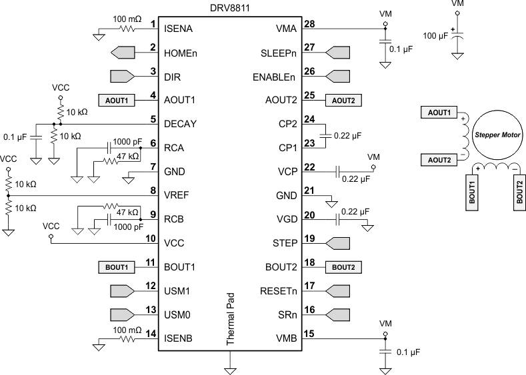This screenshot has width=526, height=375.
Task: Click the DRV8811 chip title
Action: point(229,6)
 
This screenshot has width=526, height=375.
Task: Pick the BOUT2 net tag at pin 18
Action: point(343,267)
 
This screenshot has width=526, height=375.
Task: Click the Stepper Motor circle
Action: point(496,134)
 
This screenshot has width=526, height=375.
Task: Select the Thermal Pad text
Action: point(230,320)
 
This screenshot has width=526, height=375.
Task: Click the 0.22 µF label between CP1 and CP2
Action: point(346,135)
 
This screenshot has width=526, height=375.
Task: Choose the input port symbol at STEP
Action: point(337,243)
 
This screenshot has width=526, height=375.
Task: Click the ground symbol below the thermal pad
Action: point(230,365)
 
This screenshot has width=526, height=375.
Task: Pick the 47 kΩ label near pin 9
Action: point(127,212)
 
